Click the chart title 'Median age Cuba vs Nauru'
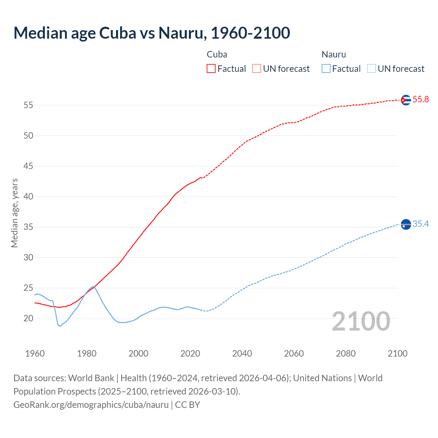[x=152, y=33]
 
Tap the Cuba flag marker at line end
[x=406, y=100]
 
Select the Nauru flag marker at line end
[x=406, y=224]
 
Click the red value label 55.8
[x=421, y=100]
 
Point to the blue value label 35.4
[x=421, y=224]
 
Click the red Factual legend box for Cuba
[x=211, y=69]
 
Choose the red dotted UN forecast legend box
[x=257, y=69]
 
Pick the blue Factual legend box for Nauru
[x=326, y=69]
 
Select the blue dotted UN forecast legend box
[x=372, y=69]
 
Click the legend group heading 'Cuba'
[x=217, y=54]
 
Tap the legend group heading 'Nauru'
[x=334, y=54]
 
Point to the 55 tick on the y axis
[x=28, y=105]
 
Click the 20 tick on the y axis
[x=28, y=319]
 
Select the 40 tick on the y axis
[x=28, y=197]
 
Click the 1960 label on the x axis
[x=35, y=353]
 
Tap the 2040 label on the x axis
[x=242, y=353]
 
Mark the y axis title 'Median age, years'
[x=14, y=213]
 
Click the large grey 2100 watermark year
[x=361, y=321]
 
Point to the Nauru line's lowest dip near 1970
[x=60, y=326]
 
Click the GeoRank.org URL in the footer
[x=91, y=405]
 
